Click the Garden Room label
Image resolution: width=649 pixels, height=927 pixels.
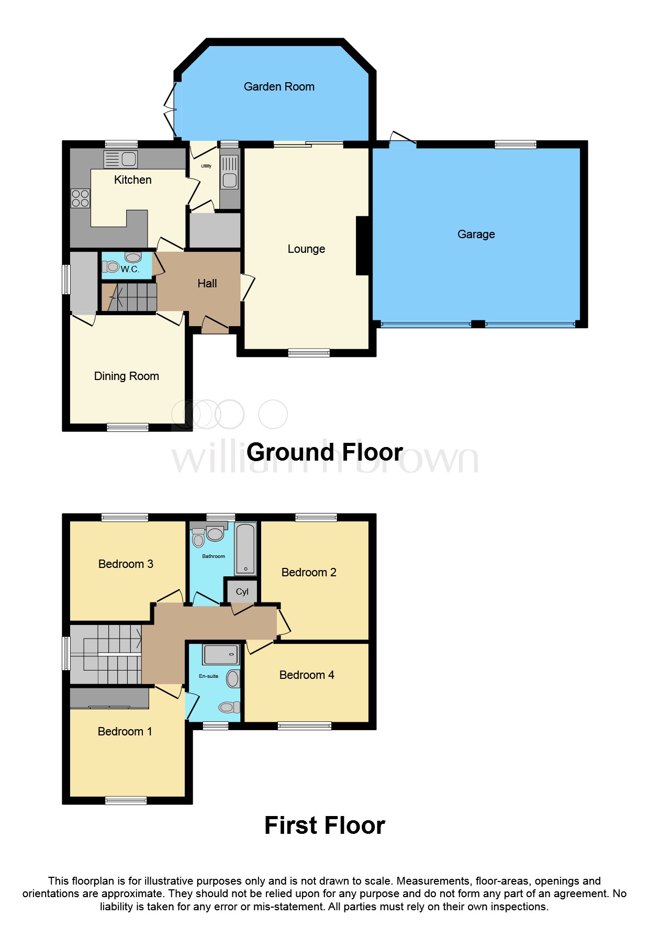[279, 87]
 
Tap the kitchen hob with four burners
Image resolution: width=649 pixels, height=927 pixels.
[80, 198]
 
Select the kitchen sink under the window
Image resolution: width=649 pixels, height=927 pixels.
[121, 159]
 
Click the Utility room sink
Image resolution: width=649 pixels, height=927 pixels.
[229, 173]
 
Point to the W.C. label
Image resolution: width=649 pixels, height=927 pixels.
[130, 269]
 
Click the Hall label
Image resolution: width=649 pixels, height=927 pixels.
[207, 284]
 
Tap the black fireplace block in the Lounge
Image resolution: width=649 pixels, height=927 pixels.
[363, 245]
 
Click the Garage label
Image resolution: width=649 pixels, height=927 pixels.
[476, 234]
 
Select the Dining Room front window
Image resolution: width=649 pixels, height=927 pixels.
[127, 428]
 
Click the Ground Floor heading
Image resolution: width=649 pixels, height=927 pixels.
[324, 452]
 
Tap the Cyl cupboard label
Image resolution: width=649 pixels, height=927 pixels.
[242, 591]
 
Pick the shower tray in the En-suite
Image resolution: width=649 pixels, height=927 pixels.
[220, 654]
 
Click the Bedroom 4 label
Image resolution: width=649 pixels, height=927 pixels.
[307, 675]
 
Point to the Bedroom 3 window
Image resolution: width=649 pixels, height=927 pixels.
[125, 518]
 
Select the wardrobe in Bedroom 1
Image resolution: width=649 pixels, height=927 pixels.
[109, 698]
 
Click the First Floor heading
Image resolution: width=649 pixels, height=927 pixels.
[324, 825]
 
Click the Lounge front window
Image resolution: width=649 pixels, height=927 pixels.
[309, 353]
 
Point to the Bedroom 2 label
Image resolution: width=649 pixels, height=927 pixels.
[309, 573]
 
